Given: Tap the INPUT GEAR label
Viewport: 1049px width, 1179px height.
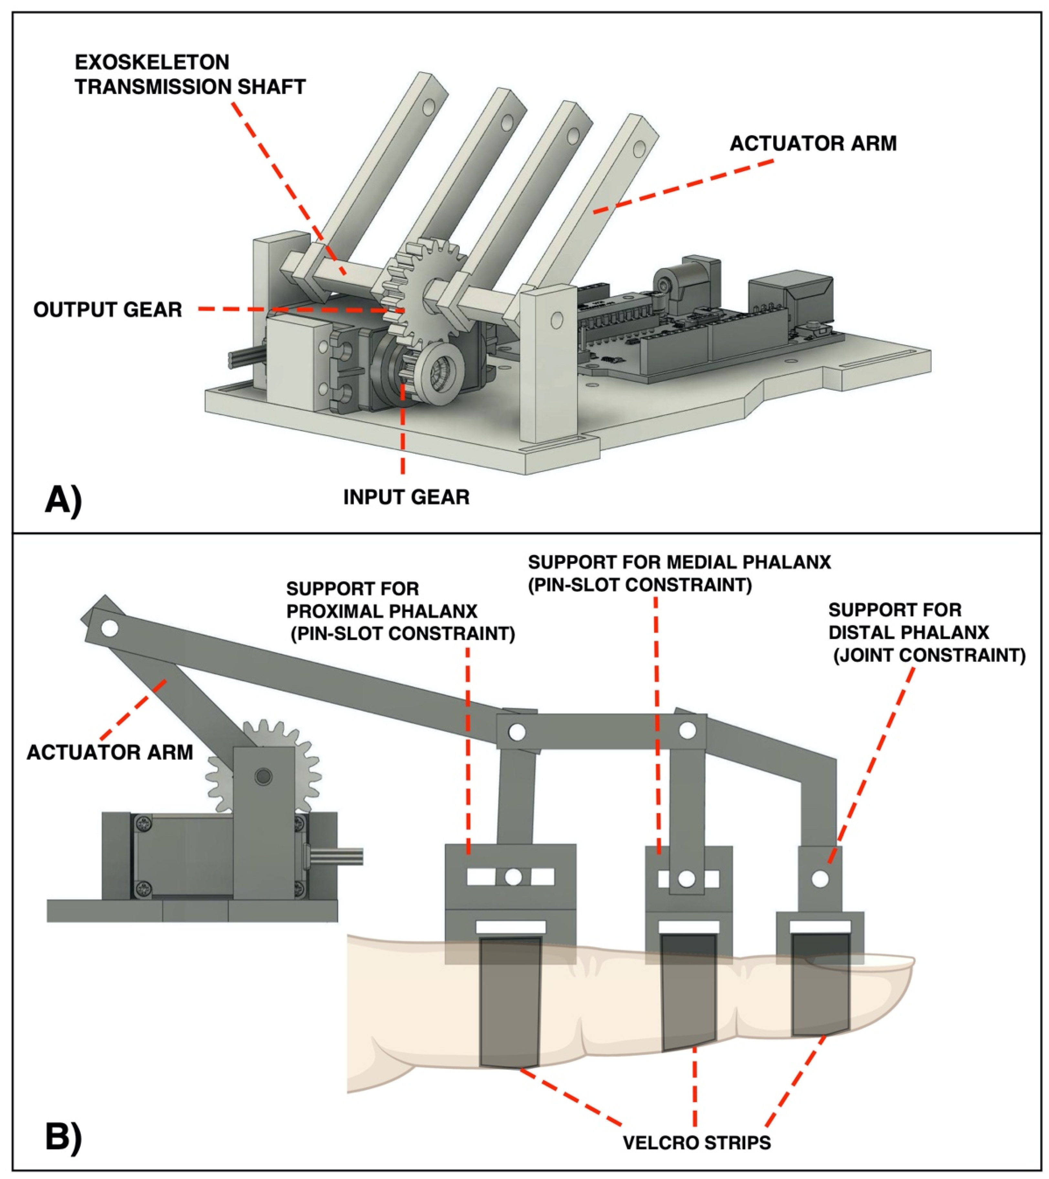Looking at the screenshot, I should coord(406,497).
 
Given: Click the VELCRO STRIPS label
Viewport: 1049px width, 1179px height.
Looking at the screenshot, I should coord(696,1142).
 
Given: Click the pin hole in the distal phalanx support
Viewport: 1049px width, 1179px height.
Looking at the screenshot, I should coord(820,879).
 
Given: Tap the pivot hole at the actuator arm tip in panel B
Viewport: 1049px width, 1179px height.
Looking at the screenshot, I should coord(110,627).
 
